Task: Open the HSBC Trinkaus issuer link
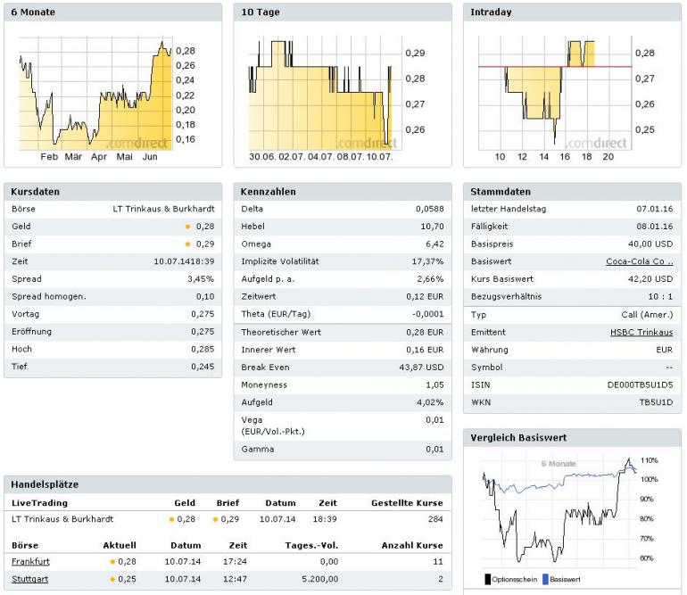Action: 642,332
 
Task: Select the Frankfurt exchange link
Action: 30,562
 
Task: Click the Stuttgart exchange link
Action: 29,579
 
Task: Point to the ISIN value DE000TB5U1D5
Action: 640,384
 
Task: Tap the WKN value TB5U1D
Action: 656,402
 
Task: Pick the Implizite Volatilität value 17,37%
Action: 426,261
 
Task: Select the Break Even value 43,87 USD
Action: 421,367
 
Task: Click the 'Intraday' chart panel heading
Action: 492,12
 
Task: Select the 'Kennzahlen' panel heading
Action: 269,192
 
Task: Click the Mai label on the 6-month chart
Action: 124,157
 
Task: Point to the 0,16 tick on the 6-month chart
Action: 186,139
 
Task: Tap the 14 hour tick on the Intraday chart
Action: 543,157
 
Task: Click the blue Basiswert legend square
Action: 544,579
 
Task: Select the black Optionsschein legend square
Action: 488,579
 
